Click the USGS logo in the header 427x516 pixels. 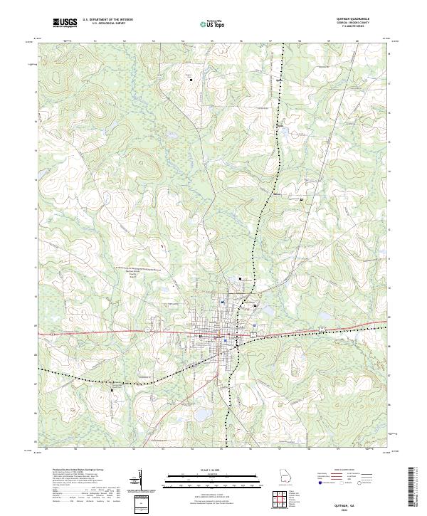pyautogui.click(x=65, y=23)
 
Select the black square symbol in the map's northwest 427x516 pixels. pyautogui.click(x=191, y=80)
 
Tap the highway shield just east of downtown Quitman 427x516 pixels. pyautogui.click(x=253, y=334)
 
